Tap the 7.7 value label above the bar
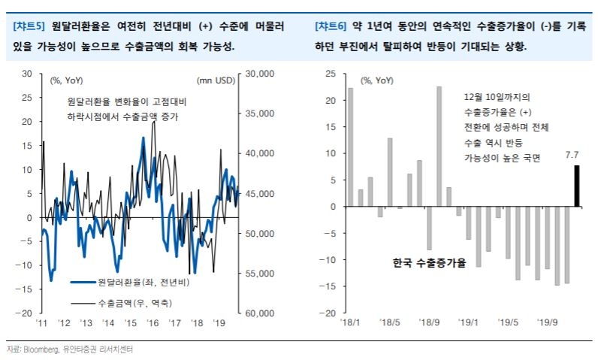572,156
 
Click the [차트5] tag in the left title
29,26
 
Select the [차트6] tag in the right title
331,26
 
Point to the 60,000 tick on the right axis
260,313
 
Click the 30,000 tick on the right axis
260,74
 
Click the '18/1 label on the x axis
351,322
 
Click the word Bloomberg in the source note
41,349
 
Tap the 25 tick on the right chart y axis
329,74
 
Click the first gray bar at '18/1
351,147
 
